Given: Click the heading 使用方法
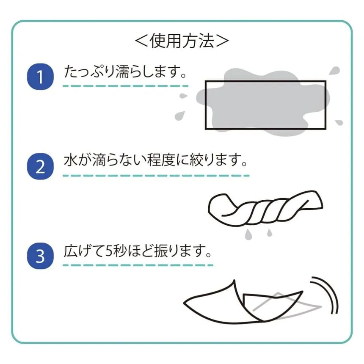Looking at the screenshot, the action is [x=182, y=41].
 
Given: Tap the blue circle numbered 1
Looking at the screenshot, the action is [x=40, y=77].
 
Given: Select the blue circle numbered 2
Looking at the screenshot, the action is [x=40, y=166].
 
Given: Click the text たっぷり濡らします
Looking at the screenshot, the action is [x=122, y=72].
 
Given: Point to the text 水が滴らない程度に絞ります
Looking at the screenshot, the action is [x=152, y=160].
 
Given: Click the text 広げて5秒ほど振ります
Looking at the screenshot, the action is [x=135, y=251].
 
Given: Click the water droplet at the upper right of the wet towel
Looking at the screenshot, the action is [x=334, y=71].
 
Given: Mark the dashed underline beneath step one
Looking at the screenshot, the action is [x=125, y=86].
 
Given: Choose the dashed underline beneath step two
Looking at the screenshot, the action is [x=156, y=176].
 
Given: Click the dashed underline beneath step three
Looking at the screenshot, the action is [x=138, y=265].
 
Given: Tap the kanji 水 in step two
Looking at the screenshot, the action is [x=71, y=160].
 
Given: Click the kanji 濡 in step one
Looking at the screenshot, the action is [x=122, y=72].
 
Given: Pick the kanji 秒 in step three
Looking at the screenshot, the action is [x=119, y=251].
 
